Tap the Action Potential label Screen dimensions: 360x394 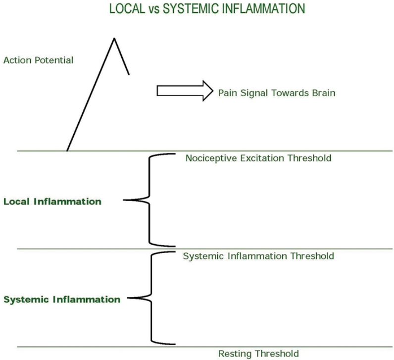coord(38,60)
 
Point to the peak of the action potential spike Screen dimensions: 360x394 coord(114,38)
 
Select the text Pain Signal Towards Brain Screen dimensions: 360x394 coord(277,93)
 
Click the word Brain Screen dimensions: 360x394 coord(323,93)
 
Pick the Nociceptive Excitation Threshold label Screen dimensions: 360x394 coord(258,158)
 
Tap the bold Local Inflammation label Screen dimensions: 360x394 coord(52,202)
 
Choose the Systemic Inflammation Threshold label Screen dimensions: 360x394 coord(258,257)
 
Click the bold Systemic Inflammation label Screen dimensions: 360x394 coord(61,300)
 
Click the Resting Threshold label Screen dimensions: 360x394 coord(258,354)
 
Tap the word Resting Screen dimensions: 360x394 coord(235,354)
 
